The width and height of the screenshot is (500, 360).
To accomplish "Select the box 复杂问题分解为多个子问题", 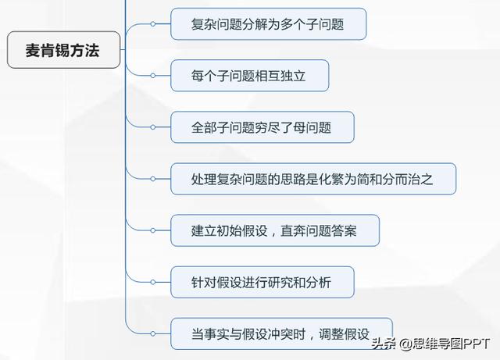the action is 268,24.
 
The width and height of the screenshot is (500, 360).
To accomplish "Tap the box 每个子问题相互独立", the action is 249,76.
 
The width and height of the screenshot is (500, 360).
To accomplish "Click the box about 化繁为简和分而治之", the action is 312,179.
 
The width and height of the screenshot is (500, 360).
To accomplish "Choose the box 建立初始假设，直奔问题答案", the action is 275,230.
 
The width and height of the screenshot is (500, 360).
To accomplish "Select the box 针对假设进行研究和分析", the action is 262,282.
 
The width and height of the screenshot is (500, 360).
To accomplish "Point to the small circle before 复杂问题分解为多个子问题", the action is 153,24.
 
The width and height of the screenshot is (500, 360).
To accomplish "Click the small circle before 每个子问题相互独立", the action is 153,76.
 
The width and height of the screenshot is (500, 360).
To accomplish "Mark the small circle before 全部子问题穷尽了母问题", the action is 153,127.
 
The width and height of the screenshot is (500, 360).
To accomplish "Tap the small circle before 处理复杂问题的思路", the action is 153,179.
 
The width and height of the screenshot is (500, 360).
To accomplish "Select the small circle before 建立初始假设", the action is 153,230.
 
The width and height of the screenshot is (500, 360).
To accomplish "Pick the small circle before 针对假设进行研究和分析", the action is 153,282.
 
